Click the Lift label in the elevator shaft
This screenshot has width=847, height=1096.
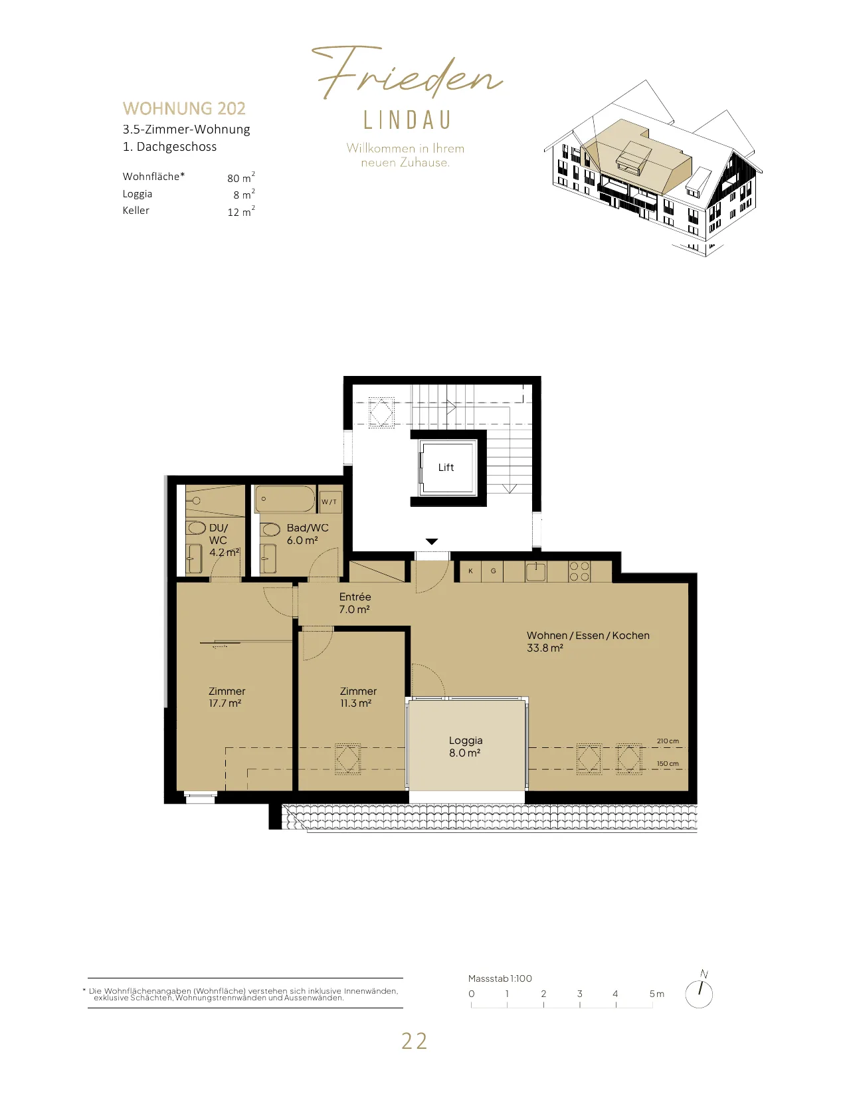pos(446,468)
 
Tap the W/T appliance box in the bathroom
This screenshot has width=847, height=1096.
pos(329,502)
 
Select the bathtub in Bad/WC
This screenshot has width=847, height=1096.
pos(285,499)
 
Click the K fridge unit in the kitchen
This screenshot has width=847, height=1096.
pos(470,571)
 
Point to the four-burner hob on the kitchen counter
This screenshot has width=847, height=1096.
pos(579,571)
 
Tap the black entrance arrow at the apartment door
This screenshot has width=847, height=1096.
pos(432,542)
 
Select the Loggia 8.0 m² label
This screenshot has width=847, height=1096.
pos(466,747)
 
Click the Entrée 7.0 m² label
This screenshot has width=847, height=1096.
pos(355,603)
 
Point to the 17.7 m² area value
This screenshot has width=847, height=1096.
pos(225,703)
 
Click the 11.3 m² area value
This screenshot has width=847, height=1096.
pos(355,703)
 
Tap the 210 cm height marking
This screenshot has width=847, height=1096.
pos(668,741)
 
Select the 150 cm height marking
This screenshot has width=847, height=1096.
pos(668,764)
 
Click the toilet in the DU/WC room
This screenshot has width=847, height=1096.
pos(196,529)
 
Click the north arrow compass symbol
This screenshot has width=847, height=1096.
pos(700,992)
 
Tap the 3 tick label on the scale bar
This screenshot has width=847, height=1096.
pos(580,994)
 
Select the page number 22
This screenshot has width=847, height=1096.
pos(414,1042)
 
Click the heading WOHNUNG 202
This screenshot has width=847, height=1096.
pos(184,108)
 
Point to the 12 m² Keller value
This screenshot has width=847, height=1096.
pos(241,211)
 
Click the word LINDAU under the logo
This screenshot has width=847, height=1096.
pos(407,120)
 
